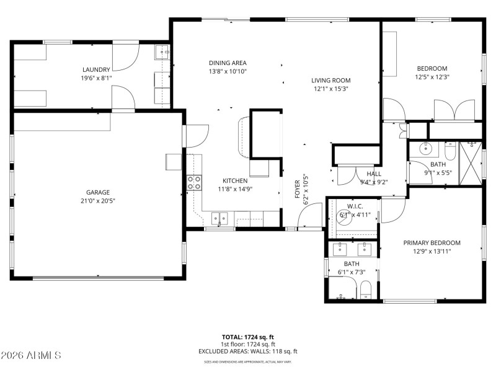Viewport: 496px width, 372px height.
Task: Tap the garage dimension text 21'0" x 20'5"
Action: pyautogui.click(x=99, y=201)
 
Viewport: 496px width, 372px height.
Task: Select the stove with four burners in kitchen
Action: pyautogui.click(x=194, y=182)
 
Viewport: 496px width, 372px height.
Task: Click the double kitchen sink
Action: pyautogui.click(x=219, y=218)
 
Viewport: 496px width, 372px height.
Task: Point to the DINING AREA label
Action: pyautogui.click(x=228, y=63)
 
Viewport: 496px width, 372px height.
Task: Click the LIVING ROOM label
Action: pyautogui.click(x=331, y=80)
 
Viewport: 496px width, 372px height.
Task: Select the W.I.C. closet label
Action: pyautogui.click(x=355, y=206)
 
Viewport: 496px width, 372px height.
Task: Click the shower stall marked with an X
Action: pyautogui.click(x=471, y=163)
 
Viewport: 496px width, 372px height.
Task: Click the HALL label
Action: pyautogui.click(x=374, y=174)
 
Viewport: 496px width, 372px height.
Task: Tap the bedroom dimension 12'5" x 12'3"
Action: pyautogui.click(x=432, y=77)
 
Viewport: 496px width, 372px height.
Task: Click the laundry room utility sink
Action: pyautogui.click(x=162, y=52)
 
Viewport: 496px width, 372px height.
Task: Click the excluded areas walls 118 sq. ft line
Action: pyautogui.click(x=247, y=351)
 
